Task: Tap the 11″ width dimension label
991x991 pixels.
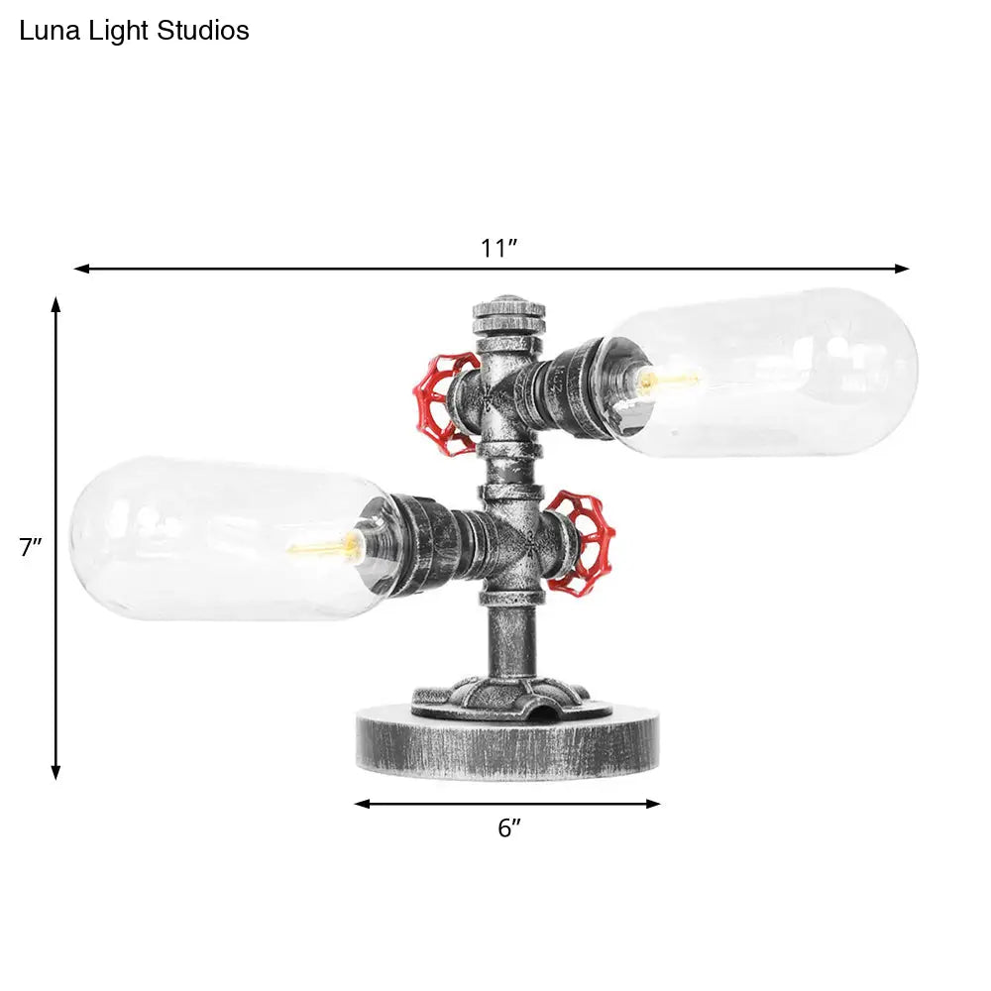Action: pyautogui.click(x=499, y=248)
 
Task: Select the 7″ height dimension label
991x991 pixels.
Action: pyautogui.click(x=31, y=548)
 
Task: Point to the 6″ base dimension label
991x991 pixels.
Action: pyautogui.click(x=508, y=828)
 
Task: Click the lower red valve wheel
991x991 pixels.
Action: pyautogui.click(x=583, y=543)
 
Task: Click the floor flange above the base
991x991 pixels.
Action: pyautogui.click(x=500, y=694)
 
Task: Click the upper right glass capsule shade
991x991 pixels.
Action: pyautogui.click(x=783, y=372)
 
